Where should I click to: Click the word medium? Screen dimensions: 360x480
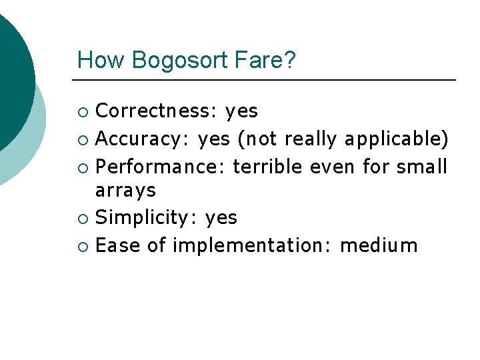click(x=379, y=245)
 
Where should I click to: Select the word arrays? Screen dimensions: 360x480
click(x=125, y=191)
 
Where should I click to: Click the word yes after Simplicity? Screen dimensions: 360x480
click(x=221, y=218)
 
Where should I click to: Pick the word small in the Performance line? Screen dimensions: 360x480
click(x=422, y=166)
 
